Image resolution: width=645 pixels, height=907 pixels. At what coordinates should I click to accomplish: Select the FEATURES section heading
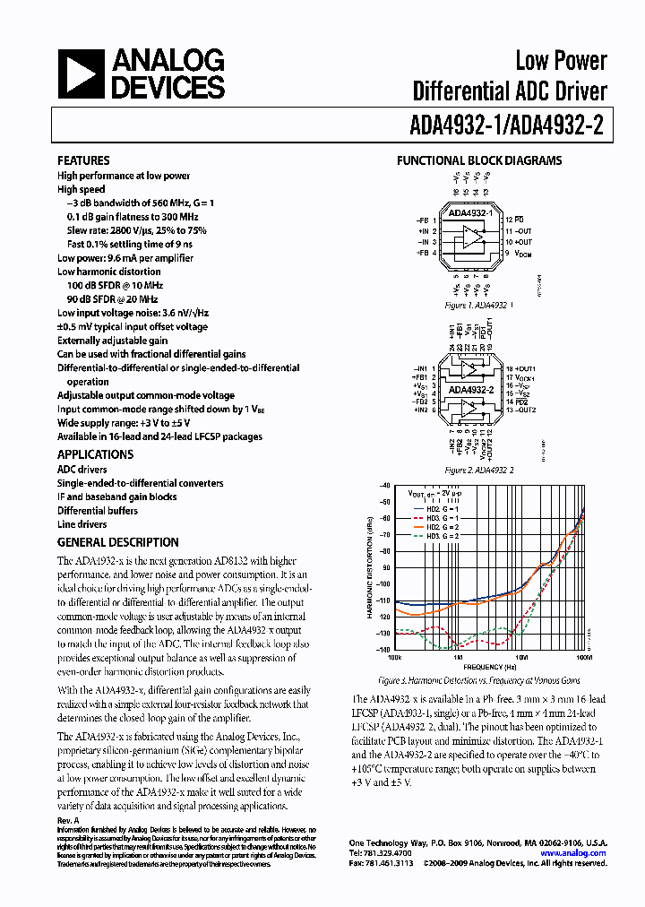point(83,160)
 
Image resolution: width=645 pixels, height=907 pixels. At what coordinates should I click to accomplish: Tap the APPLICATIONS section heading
point(95,454)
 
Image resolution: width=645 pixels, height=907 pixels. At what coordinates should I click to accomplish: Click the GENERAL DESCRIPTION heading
point(117,542)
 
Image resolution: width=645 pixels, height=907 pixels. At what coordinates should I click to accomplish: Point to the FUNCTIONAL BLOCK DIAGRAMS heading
point(479,161)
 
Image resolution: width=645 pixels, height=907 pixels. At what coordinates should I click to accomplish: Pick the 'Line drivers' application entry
point(82,524)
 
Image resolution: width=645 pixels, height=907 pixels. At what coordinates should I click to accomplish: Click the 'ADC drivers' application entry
point(82,469)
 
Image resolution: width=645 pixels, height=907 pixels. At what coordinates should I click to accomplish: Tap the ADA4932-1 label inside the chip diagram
point(469,213)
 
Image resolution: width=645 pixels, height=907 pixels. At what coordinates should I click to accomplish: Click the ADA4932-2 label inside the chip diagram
point(471,390)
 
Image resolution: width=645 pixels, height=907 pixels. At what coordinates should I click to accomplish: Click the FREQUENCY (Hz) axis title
point(489,668)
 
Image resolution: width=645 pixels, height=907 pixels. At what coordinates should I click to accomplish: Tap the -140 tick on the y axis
point(384,650)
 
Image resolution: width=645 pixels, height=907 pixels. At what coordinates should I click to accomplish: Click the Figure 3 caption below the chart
point(479,681)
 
